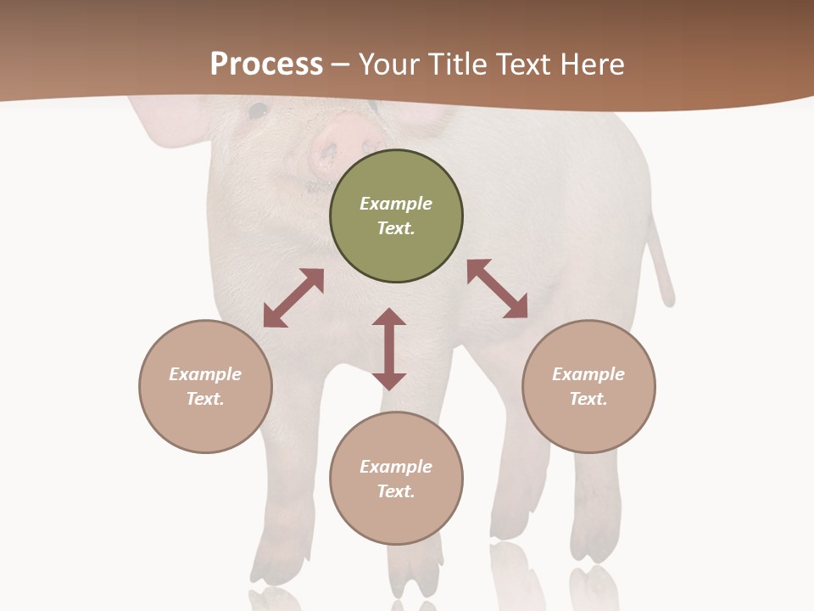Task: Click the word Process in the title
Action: pos(266,64)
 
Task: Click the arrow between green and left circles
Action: pos(293,298)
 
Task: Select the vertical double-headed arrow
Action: pos(389,349)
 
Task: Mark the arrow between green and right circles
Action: pos(498,289)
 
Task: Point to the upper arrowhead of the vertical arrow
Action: pos(389,317)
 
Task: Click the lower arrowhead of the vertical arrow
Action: pos(389,381)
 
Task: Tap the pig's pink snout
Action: pos(343,141)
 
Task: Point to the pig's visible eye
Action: pos(257,109)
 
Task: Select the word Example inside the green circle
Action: pos(396,204)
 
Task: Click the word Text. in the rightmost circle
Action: pos(588,399)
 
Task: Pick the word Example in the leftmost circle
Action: pos(205,374)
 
